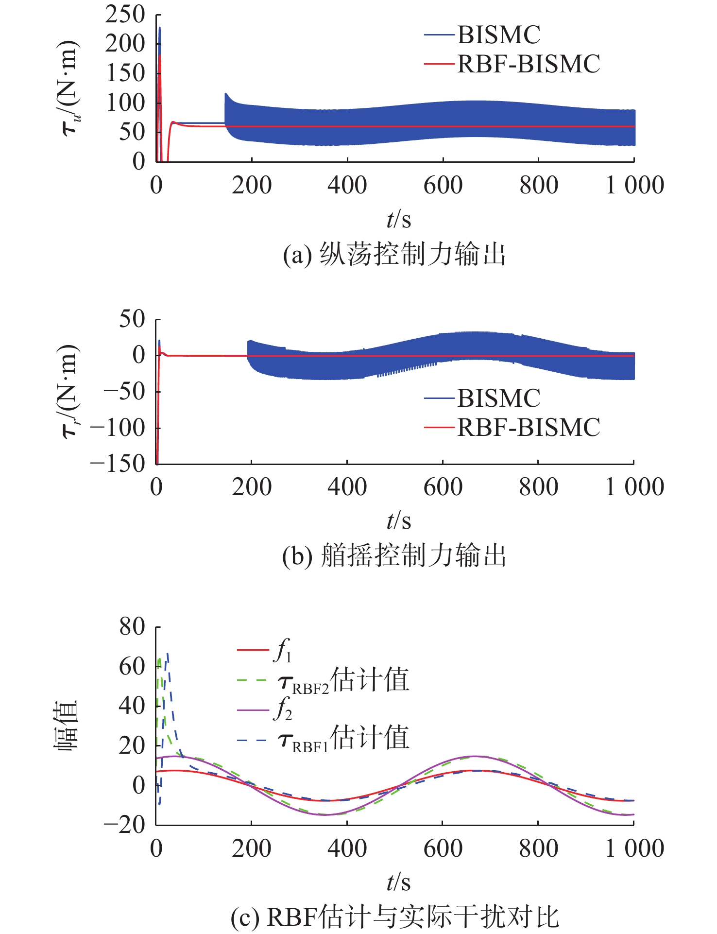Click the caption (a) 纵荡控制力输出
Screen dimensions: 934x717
tap(394, 254)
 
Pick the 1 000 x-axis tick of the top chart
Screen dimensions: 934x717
tap(634, 185)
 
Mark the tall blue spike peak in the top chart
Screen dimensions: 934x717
tap(160, 28)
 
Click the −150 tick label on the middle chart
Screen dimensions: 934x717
tap(118, 464)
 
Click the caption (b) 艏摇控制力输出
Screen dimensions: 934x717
tap(394, 555)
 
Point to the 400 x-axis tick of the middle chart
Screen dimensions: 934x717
tap(347, 487)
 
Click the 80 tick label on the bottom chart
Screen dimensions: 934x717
tap(132, 627)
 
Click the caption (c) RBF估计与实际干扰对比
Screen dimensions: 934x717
tap(394, 917)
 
